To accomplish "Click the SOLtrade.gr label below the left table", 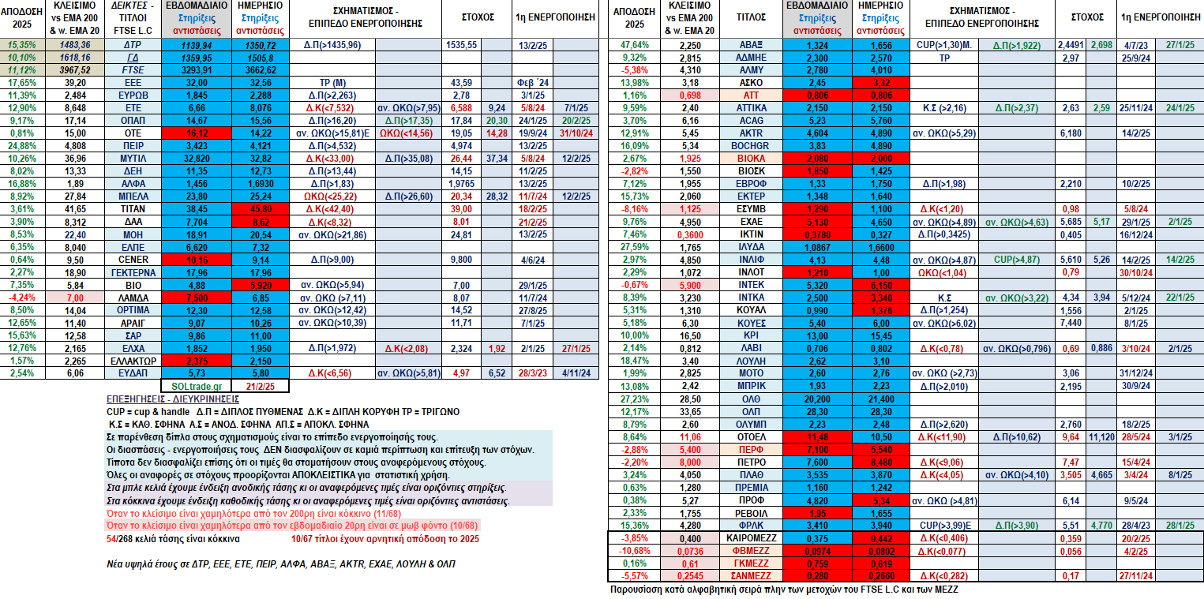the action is pos(196,386).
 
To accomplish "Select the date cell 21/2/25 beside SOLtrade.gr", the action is pos(261,386).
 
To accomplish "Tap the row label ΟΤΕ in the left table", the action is pos(133,133).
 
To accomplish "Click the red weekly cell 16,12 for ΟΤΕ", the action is pos(196,133).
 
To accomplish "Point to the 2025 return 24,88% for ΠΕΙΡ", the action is pos(22,146).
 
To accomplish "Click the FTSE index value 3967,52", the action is pos(75,70).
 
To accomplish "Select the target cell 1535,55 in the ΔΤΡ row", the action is pos(461,45).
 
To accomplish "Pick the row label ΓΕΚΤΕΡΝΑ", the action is pos(133,273).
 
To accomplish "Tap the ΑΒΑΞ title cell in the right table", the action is pos(751,45).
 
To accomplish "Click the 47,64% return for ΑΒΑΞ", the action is pos(634,45).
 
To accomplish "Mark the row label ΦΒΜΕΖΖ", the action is pos(751,551).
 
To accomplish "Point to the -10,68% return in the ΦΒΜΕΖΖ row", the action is pos(634,551).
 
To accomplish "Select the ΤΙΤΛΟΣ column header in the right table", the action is pos(751,17).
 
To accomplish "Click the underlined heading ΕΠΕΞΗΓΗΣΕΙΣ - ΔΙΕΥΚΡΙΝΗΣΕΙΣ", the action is pos(173,399).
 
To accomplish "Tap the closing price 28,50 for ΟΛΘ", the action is pos(689,399).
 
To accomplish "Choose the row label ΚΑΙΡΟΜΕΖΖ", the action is pos(751,538).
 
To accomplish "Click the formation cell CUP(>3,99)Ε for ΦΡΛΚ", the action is pos(944,526).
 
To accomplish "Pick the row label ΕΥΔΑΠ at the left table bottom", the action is pos(133,373).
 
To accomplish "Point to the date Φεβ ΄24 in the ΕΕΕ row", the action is pos(532,83).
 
